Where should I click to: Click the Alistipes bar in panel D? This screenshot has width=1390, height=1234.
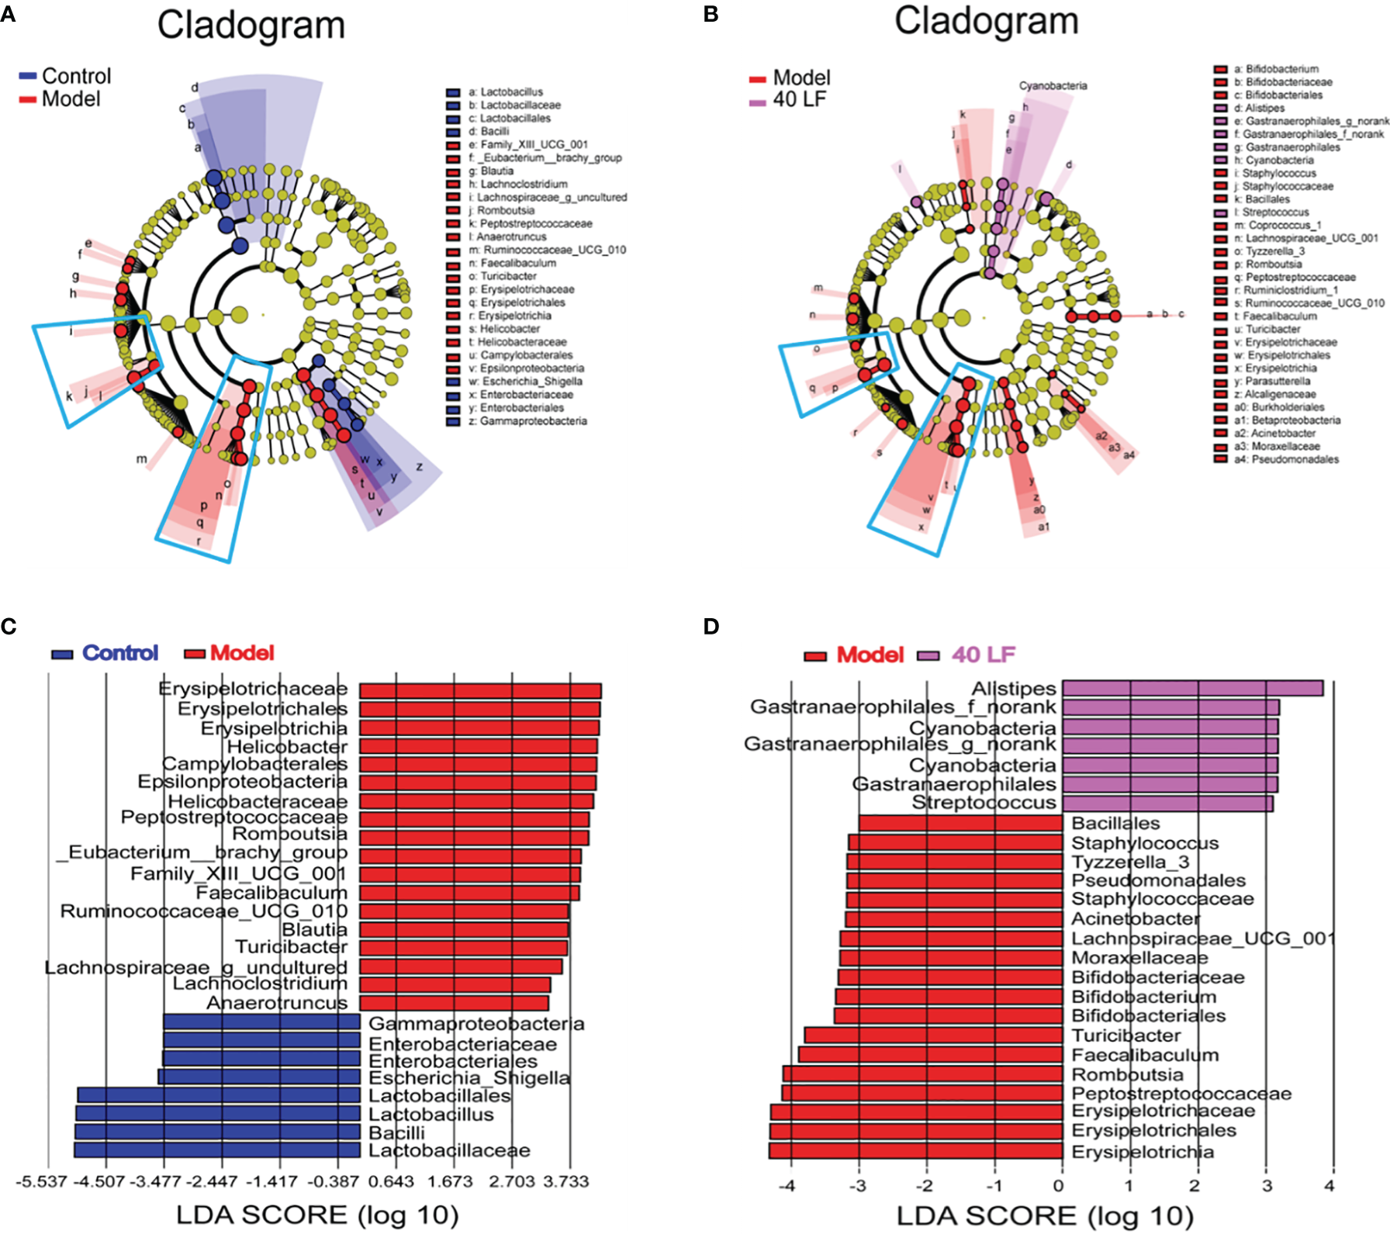click(1192, 688)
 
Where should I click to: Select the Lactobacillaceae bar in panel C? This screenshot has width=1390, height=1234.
click(217, 1150)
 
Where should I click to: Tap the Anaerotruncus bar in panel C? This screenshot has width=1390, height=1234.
click(454, 1003)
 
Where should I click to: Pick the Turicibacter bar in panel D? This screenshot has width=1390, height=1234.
click(933, 1035)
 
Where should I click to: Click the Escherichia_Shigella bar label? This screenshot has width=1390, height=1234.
click(469, 1078)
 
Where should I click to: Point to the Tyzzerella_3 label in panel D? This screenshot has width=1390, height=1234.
click(1130, 862)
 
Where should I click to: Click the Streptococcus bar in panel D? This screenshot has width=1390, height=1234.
click(1167, 803)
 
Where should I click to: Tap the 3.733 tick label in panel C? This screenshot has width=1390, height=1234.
click(566, 1181)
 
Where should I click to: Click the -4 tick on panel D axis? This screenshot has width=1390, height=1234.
click(787, 1185)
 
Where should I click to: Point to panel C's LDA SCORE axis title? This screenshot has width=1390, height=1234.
click(317, 1215)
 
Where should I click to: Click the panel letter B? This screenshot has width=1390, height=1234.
click(711, 14)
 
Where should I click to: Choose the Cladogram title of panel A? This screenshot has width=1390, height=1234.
click(251, 25)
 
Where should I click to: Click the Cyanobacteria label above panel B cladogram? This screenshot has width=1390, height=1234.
click(1053, 85)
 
